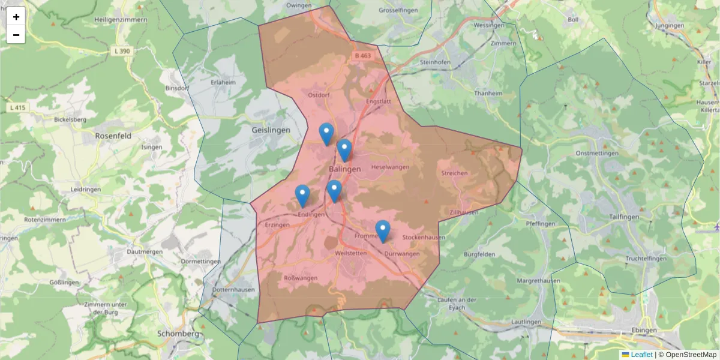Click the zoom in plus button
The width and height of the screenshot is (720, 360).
tap(16, 17)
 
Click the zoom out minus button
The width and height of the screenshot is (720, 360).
tap(16, 35)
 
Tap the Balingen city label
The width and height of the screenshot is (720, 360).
tap(345, 169)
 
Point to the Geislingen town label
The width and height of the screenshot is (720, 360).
tap(271, 130)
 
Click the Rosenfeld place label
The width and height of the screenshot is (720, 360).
tap(113, 136)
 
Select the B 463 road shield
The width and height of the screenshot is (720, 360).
tap(362, 56)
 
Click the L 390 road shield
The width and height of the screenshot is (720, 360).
tap(121, 52)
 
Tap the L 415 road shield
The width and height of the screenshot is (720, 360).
tap(19, 107)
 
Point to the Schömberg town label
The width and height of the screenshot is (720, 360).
tap(178, 334)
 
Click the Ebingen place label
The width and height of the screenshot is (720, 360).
tap(644, 331)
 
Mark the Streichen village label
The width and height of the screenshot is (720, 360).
tap(454, 173)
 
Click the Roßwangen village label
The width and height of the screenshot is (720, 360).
tap(300, 278)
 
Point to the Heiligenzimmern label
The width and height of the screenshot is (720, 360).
tap(121, 20)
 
